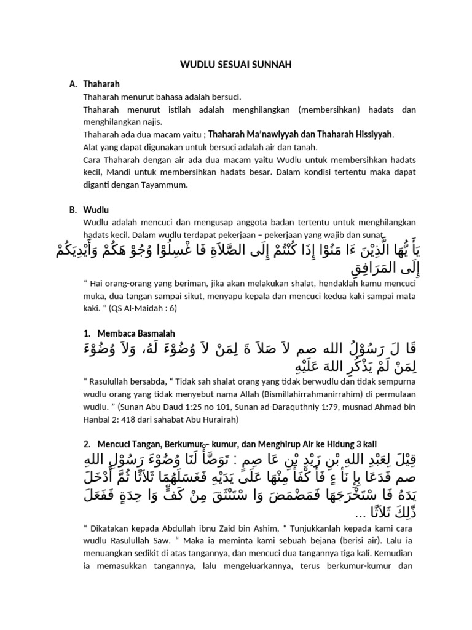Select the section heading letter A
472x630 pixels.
click(x=73, y=84)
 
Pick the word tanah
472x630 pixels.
click(x=287, y=147)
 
